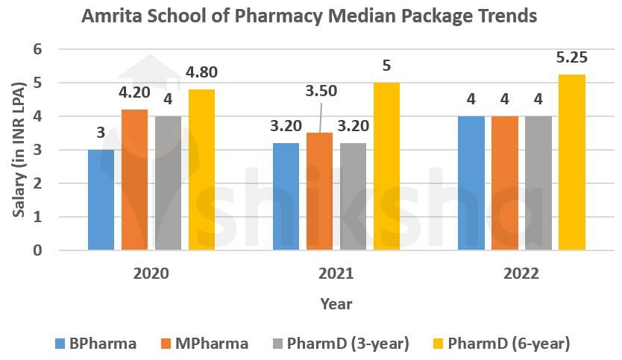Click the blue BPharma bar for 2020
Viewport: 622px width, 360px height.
[x=101, y=200]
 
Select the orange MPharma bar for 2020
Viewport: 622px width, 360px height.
[x=134, y=180]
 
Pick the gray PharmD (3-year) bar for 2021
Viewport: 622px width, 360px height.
[x=353, y=196]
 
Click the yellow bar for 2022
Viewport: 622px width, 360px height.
[x=572, y=162]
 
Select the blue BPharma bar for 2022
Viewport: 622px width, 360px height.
[x=471, y=183]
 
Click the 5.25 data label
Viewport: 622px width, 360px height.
[x=572, y=57]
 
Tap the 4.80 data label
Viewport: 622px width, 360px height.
[x=202, y=74]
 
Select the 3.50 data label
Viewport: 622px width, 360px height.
[x=321, y=92]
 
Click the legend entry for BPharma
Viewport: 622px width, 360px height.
[x=96, y=344]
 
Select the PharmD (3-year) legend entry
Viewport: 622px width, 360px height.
[x=344, y=344]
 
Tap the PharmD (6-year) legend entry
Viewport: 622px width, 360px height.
[x=504, y=344]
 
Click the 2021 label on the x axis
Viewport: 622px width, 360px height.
[x=336, y=274]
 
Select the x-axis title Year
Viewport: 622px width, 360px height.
[x=336, y=304]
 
